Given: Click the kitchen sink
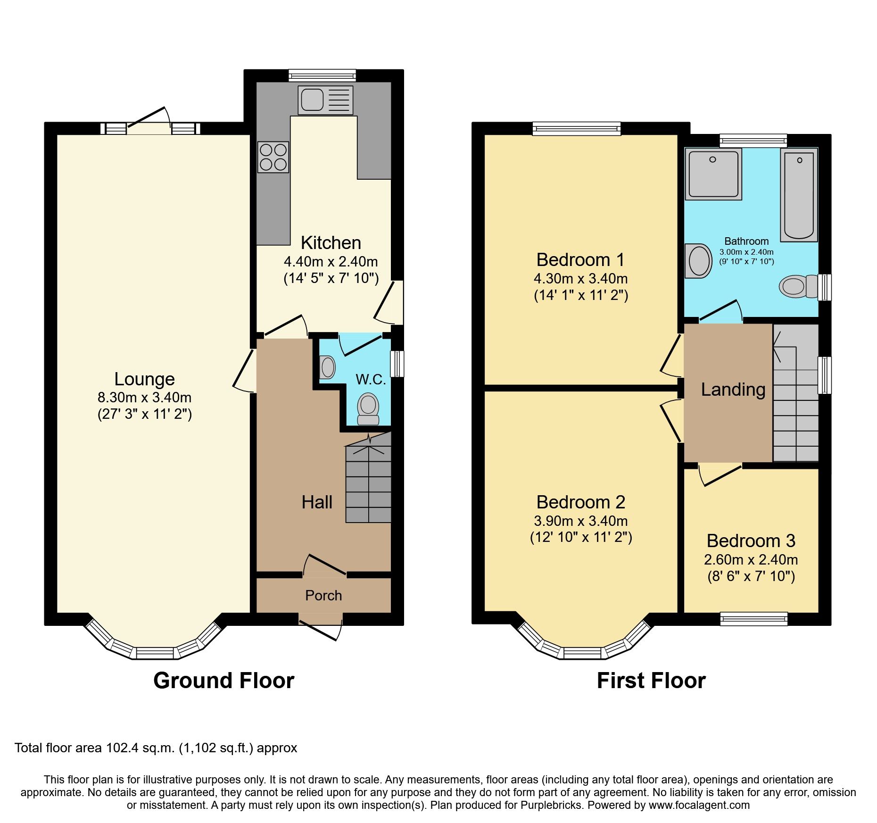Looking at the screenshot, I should [325, 100].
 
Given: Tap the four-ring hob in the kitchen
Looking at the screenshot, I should [273, 157].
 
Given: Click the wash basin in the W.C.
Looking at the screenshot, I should [327, 367].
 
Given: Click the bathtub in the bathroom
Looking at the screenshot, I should [799, 195].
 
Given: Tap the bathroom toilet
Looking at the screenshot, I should [798, 286].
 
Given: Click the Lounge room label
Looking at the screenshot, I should [144, 379].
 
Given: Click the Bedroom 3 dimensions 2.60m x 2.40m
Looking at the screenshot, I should [751, 560].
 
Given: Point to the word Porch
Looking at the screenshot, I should [323, 596].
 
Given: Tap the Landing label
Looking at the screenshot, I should [733, 390].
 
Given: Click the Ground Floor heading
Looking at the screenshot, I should [223, 681].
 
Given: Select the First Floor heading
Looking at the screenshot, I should [651, 681].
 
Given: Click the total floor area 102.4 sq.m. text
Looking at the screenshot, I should [156, 748].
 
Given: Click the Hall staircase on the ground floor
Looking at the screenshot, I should [368, 486].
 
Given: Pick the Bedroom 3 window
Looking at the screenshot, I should [753, 618].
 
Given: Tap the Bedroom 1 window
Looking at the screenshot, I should [576, 128].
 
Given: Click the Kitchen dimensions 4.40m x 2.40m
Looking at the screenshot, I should [331, 262].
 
